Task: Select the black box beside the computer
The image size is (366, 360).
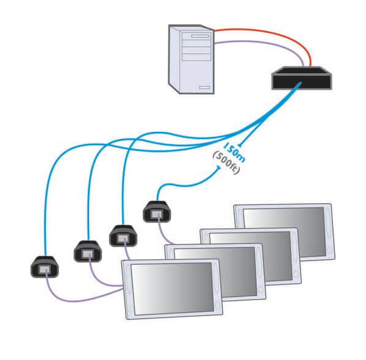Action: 301,78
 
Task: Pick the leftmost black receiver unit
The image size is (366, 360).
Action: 44,267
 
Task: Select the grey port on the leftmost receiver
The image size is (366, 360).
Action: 44,268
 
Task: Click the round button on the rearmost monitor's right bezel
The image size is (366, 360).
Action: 329,250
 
